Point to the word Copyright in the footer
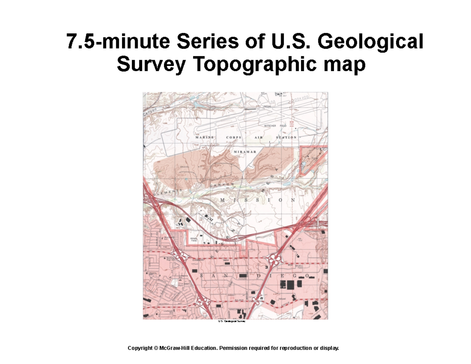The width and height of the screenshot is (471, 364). coord(140,348)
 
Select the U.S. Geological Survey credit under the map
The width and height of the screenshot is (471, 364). coord(232,321)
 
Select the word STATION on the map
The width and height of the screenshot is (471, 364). coord(286,137)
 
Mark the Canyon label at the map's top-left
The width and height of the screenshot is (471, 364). coord(149,112)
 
